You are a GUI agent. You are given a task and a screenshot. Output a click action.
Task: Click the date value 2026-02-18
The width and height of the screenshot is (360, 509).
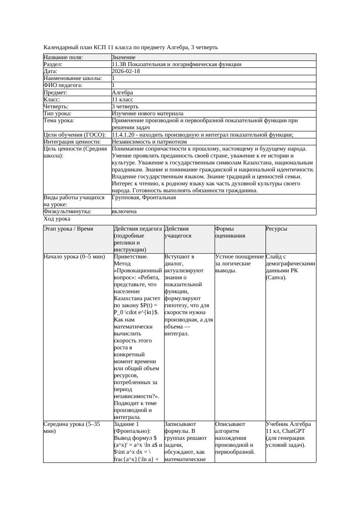(x=126, y=71)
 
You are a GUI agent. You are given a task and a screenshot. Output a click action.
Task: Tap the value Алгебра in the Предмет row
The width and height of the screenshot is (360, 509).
(x=122, y=93)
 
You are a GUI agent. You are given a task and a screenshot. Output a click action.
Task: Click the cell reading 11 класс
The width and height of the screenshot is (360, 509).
(x=122, y=100)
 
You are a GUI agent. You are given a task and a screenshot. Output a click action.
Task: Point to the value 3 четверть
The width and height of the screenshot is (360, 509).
(x=125, y=107)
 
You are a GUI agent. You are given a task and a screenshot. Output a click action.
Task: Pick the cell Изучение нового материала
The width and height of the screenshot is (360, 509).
(x=148, y=114)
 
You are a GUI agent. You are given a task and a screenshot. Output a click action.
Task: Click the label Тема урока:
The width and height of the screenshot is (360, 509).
(x=59, y=121)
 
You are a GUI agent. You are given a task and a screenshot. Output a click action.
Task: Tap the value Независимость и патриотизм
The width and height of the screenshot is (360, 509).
(x=149, y=142)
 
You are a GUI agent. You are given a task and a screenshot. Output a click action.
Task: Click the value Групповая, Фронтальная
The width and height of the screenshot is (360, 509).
(x=144, y=198)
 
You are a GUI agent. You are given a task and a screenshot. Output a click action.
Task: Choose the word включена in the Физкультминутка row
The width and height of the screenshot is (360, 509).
(x=124, y=211)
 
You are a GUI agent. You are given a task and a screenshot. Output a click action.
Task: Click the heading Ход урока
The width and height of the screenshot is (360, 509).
(x=57, y=219)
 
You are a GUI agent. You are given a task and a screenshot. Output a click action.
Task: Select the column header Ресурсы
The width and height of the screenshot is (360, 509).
(x=277, y=229)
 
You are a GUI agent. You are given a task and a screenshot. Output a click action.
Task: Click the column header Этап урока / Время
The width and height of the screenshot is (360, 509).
(x=68, y=229)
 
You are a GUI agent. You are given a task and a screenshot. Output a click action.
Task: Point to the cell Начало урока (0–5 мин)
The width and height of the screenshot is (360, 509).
(x=74, y=257)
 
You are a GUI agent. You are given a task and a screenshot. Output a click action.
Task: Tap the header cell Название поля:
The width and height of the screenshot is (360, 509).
(x=63, y=57)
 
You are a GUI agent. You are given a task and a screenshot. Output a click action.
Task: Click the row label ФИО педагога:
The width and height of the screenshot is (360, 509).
(x=63, y=85)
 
